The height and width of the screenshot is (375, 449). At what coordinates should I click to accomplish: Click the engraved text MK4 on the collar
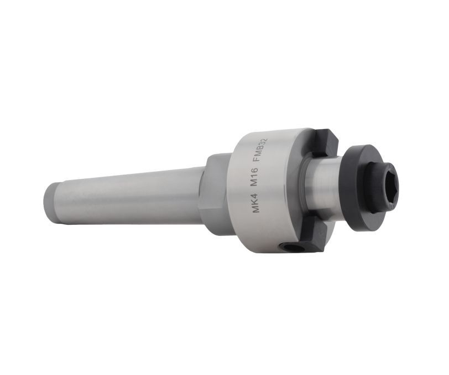click(255, 203)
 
